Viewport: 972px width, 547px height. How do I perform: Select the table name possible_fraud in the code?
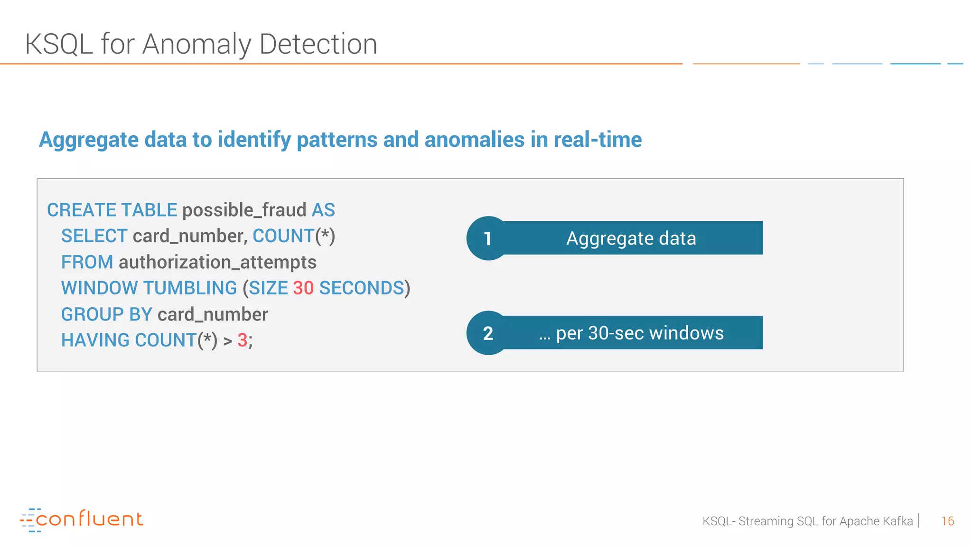click(244, 210)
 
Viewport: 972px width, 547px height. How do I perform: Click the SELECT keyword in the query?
click(94, 236)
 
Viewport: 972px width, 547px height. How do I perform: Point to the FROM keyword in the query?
click(87, 262)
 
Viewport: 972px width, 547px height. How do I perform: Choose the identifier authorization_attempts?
click(217, 262)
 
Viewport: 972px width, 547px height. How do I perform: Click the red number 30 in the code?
click(303, 288)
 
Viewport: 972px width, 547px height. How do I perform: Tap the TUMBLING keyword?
click(190, 288)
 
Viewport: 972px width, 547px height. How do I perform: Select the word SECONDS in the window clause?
click(361, 288)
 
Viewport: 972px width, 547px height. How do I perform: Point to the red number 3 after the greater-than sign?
click(242, 340)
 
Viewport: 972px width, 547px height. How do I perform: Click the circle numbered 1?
click(488, 238)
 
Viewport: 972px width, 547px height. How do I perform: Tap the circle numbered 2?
click(488, 333)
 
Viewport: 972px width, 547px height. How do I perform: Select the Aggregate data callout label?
click(631, 238)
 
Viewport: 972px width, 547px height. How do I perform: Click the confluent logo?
click(82, 519)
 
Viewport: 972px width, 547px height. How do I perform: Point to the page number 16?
click(947, 521)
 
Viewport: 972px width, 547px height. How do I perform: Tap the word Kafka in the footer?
click(898, 521)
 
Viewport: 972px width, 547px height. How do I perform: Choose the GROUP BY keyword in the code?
click(106, 314)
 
